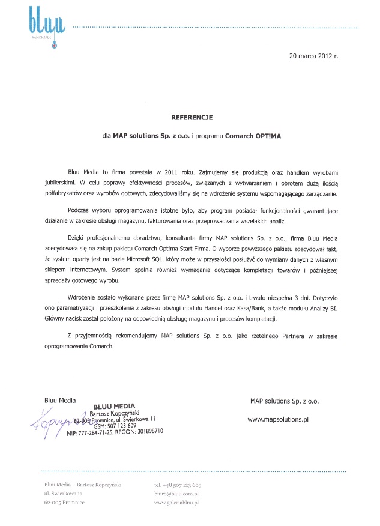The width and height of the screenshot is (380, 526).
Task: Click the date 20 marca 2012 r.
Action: (313, 56)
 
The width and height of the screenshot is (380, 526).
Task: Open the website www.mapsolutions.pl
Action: (278, 419)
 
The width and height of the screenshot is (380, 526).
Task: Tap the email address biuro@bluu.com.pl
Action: (176, 493)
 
